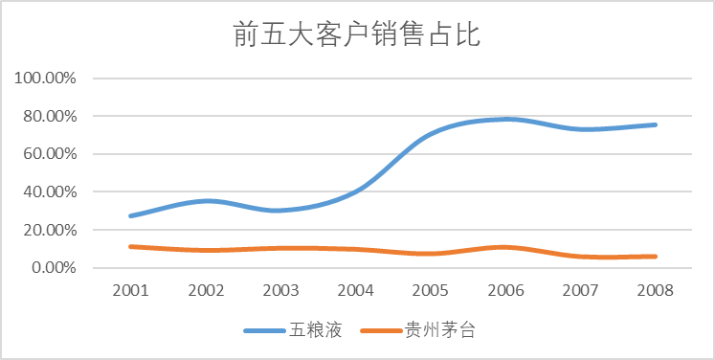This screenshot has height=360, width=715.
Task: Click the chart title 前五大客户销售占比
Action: coord(357,35)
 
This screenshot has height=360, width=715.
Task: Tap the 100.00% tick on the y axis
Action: coord(46,78)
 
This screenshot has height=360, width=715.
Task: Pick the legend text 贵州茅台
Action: coord(442,331)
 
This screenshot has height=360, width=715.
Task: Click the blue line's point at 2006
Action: coord(505,119)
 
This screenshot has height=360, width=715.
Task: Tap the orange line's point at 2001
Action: coord(130,246)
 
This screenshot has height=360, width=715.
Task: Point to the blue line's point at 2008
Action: coord(656,124)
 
